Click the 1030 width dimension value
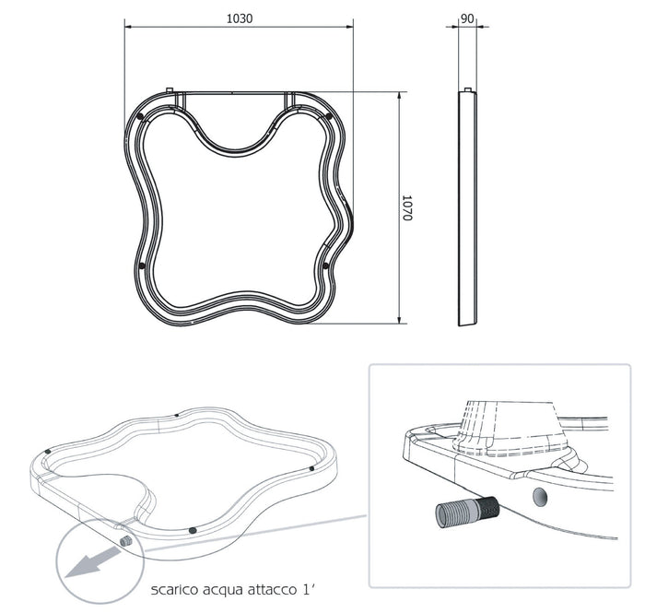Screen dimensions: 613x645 tap(239, 18)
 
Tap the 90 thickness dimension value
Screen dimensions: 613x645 tap(467, 18)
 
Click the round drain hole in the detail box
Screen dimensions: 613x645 tap(540, 497)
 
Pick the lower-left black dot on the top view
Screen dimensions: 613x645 tap(141, 266)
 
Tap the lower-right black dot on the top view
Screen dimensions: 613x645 tap(326, 266)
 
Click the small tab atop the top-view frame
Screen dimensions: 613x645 tap(169, 90)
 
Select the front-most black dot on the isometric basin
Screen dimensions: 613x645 tap(192, 530)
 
